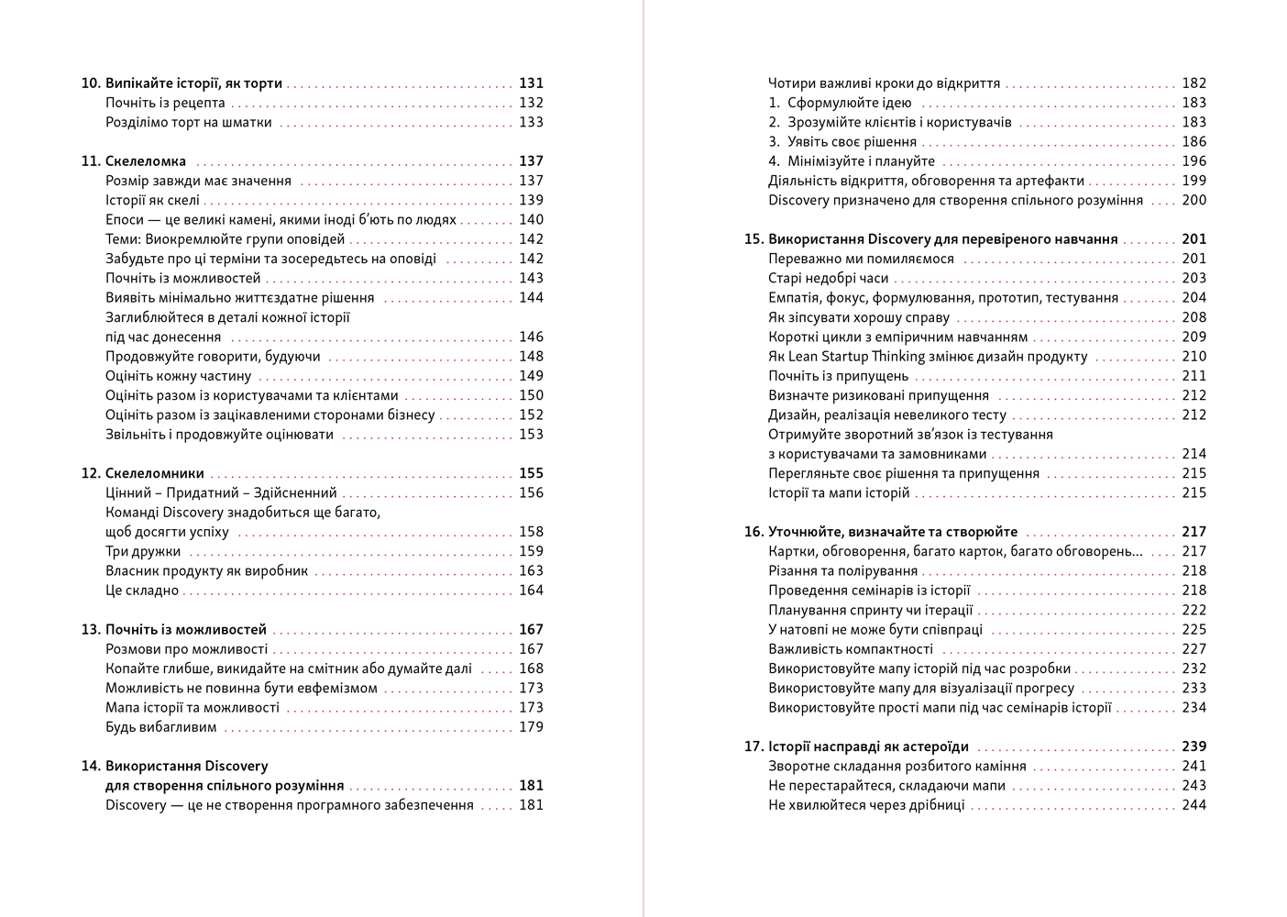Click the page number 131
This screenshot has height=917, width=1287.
pos(531,83)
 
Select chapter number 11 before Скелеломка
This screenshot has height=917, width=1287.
pos(90,161)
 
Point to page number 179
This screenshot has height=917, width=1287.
pos(531,727)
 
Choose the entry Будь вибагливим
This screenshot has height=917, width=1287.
pos(161,727)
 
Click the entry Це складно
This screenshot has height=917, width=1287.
pos(142,591)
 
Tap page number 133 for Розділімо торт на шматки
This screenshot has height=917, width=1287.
pos(531,122)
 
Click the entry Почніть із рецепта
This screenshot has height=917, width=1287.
pos(165,103)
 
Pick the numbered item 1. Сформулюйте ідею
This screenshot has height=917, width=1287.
pos(840,103)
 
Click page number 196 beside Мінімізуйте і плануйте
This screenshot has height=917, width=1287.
pos(1193,161)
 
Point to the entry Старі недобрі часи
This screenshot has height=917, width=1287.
pos(829,278)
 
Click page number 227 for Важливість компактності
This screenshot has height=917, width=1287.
pos(1193,649)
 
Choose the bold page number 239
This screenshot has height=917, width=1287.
pos(1193,746)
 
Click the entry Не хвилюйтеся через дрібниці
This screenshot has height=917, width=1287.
pos(866,805)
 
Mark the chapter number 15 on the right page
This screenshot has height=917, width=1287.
pos(753,239)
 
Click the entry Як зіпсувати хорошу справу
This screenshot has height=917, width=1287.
pos(859,318)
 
